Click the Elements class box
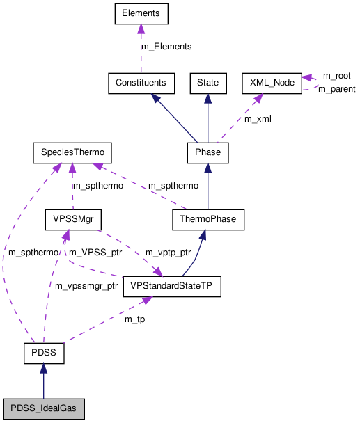click(141, 13)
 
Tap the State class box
click(208, 83)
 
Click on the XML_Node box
click(271, 83)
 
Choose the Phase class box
click(208, 152)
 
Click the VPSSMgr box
click(73, 220)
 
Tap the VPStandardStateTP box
click(171, 286)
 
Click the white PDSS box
click(43, 353)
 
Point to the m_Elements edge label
click(166, 47)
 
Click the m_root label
click(336, 75)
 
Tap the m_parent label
click(336, 89)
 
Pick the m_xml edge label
click(257, 119)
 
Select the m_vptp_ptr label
click(168, 252)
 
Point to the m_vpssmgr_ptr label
click(86, 286)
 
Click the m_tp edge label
click(134, 319)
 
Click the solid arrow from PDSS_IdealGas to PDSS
click(43, 383)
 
